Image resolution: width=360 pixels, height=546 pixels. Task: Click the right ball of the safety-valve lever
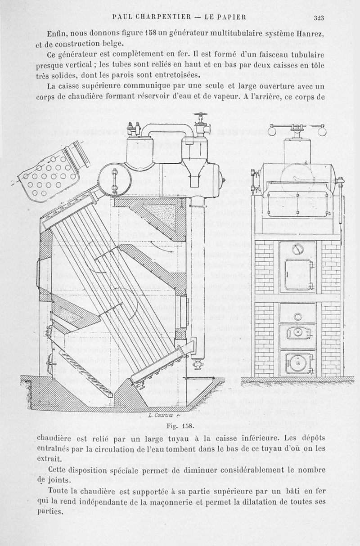click(x=320, y=130)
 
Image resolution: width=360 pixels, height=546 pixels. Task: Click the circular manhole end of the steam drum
click(x=113, y=179)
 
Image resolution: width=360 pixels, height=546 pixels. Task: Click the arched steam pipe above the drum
click(x=166, y=128)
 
